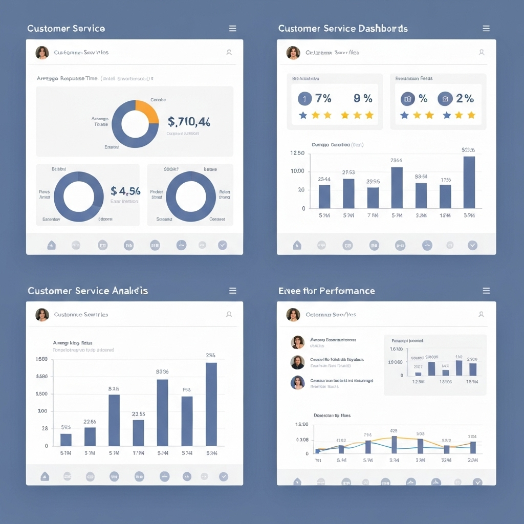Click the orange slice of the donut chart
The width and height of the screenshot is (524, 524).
point(147,111)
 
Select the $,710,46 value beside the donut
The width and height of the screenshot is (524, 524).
point(188,122)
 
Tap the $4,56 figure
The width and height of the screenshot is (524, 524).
point(125,191)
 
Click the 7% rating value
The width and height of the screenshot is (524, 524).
point(323,98)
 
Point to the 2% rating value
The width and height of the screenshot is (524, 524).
point(465,98)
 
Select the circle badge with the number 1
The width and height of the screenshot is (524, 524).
point(304,99)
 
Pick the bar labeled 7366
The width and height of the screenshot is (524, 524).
point(397,187)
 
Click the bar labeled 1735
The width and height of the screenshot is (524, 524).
point(446,196)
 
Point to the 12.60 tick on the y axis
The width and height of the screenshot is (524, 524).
point(297,153)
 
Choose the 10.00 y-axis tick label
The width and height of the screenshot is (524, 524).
point(297,171)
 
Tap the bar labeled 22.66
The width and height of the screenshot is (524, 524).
point(90,436)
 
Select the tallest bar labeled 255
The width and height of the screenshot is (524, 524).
point(211,404)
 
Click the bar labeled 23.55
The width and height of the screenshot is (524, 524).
point(138,433)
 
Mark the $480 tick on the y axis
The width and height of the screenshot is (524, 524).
point(42,376)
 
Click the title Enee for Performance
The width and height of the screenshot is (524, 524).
point(326,291)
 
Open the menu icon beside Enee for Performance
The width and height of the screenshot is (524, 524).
point(486,291)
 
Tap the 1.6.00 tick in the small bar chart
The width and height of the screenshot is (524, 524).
point(396,349)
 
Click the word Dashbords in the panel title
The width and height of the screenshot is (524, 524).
point(384,29)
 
